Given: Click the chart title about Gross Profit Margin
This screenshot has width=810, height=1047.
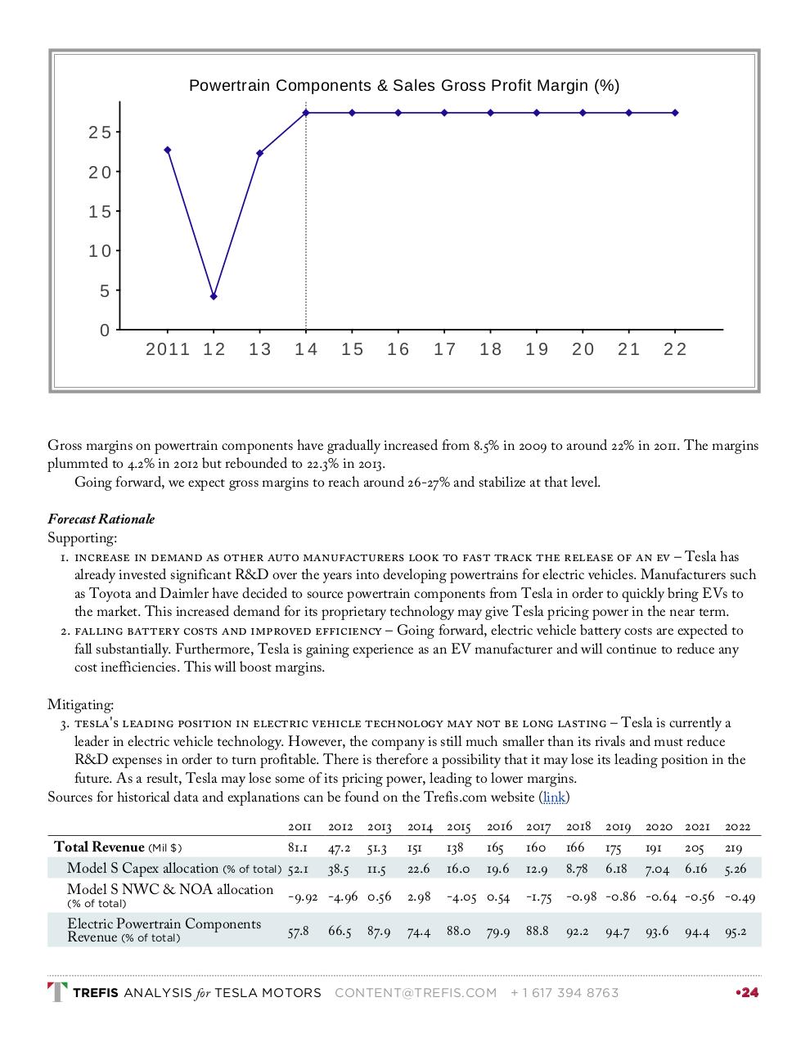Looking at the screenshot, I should point(404,86).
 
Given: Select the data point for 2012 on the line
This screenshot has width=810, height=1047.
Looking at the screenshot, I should point(214,296).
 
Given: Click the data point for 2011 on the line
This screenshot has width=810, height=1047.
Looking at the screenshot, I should point(168,150).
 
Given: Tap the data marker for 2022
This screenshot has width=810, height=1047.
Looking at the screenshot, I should point(675,113).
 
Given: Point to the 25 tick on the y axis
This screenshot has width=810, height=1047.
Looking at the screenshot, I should point(100,133).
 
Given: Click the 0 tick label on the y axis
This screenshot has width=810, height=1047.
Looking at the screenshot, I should point(105,330).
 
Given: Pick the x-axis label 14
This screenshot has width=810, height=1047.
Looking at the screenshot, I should point(306,349).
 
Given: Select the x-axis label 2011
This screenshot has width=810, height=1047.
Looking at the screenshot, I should point(168,349).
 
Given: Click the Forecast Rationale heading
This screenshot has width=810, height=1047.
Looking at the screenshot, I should point(101,519).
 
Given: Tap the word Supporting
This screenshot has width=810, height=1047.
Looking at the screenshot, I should point(82,538).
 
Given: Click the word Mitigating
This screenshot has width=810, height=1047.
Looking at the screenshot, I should point(80,704).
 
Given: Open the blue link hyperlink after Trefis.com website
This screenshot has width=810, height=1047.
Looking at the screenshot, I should point(554,797).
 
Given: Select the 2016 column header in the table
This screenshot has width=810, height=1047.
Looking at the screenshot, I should point(499,827).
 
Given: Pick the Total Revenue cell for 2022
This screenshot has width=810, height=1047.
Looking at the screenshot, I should point(733,848).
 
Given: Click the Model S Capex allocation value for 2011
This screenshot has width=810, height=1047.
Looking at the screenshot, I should point(298,869).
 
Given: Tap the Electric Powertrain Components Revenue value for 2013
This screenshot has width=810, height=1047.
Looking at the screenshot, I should point(378,931).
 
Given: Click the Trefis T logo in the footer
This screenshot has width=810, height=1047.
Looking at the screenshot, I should point(57,992).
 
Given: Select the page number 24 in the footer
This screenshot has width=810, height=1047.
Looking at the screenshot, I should point(749,993).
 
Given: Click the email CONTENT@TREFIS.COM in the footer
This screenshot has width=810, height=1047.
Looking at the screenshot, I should point(416,993).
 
